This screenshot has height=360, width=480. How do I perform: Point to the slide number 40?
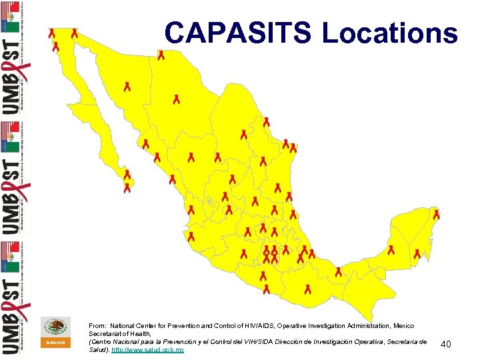point(446,344)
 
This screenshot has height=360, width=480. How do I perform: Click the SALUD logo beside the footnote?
point(56,332)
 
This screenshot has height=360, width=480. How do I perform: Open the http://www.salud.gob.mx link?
point(147,349)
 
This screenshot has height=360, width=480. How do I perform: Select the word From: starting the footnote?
point(97,325)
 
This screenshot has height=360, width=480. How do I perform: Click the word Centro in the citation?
point(101,341)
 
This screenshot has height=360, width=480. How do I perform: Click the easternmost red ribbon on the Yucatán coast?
point(437,215)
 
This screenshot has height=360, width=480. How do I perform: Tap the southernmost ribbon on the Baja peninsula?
point(127,188)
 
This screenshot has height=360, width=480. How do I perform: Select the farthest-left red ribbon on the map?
point(51,33)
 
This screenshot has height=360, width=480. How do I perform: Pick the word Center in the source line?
point(151,325)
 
